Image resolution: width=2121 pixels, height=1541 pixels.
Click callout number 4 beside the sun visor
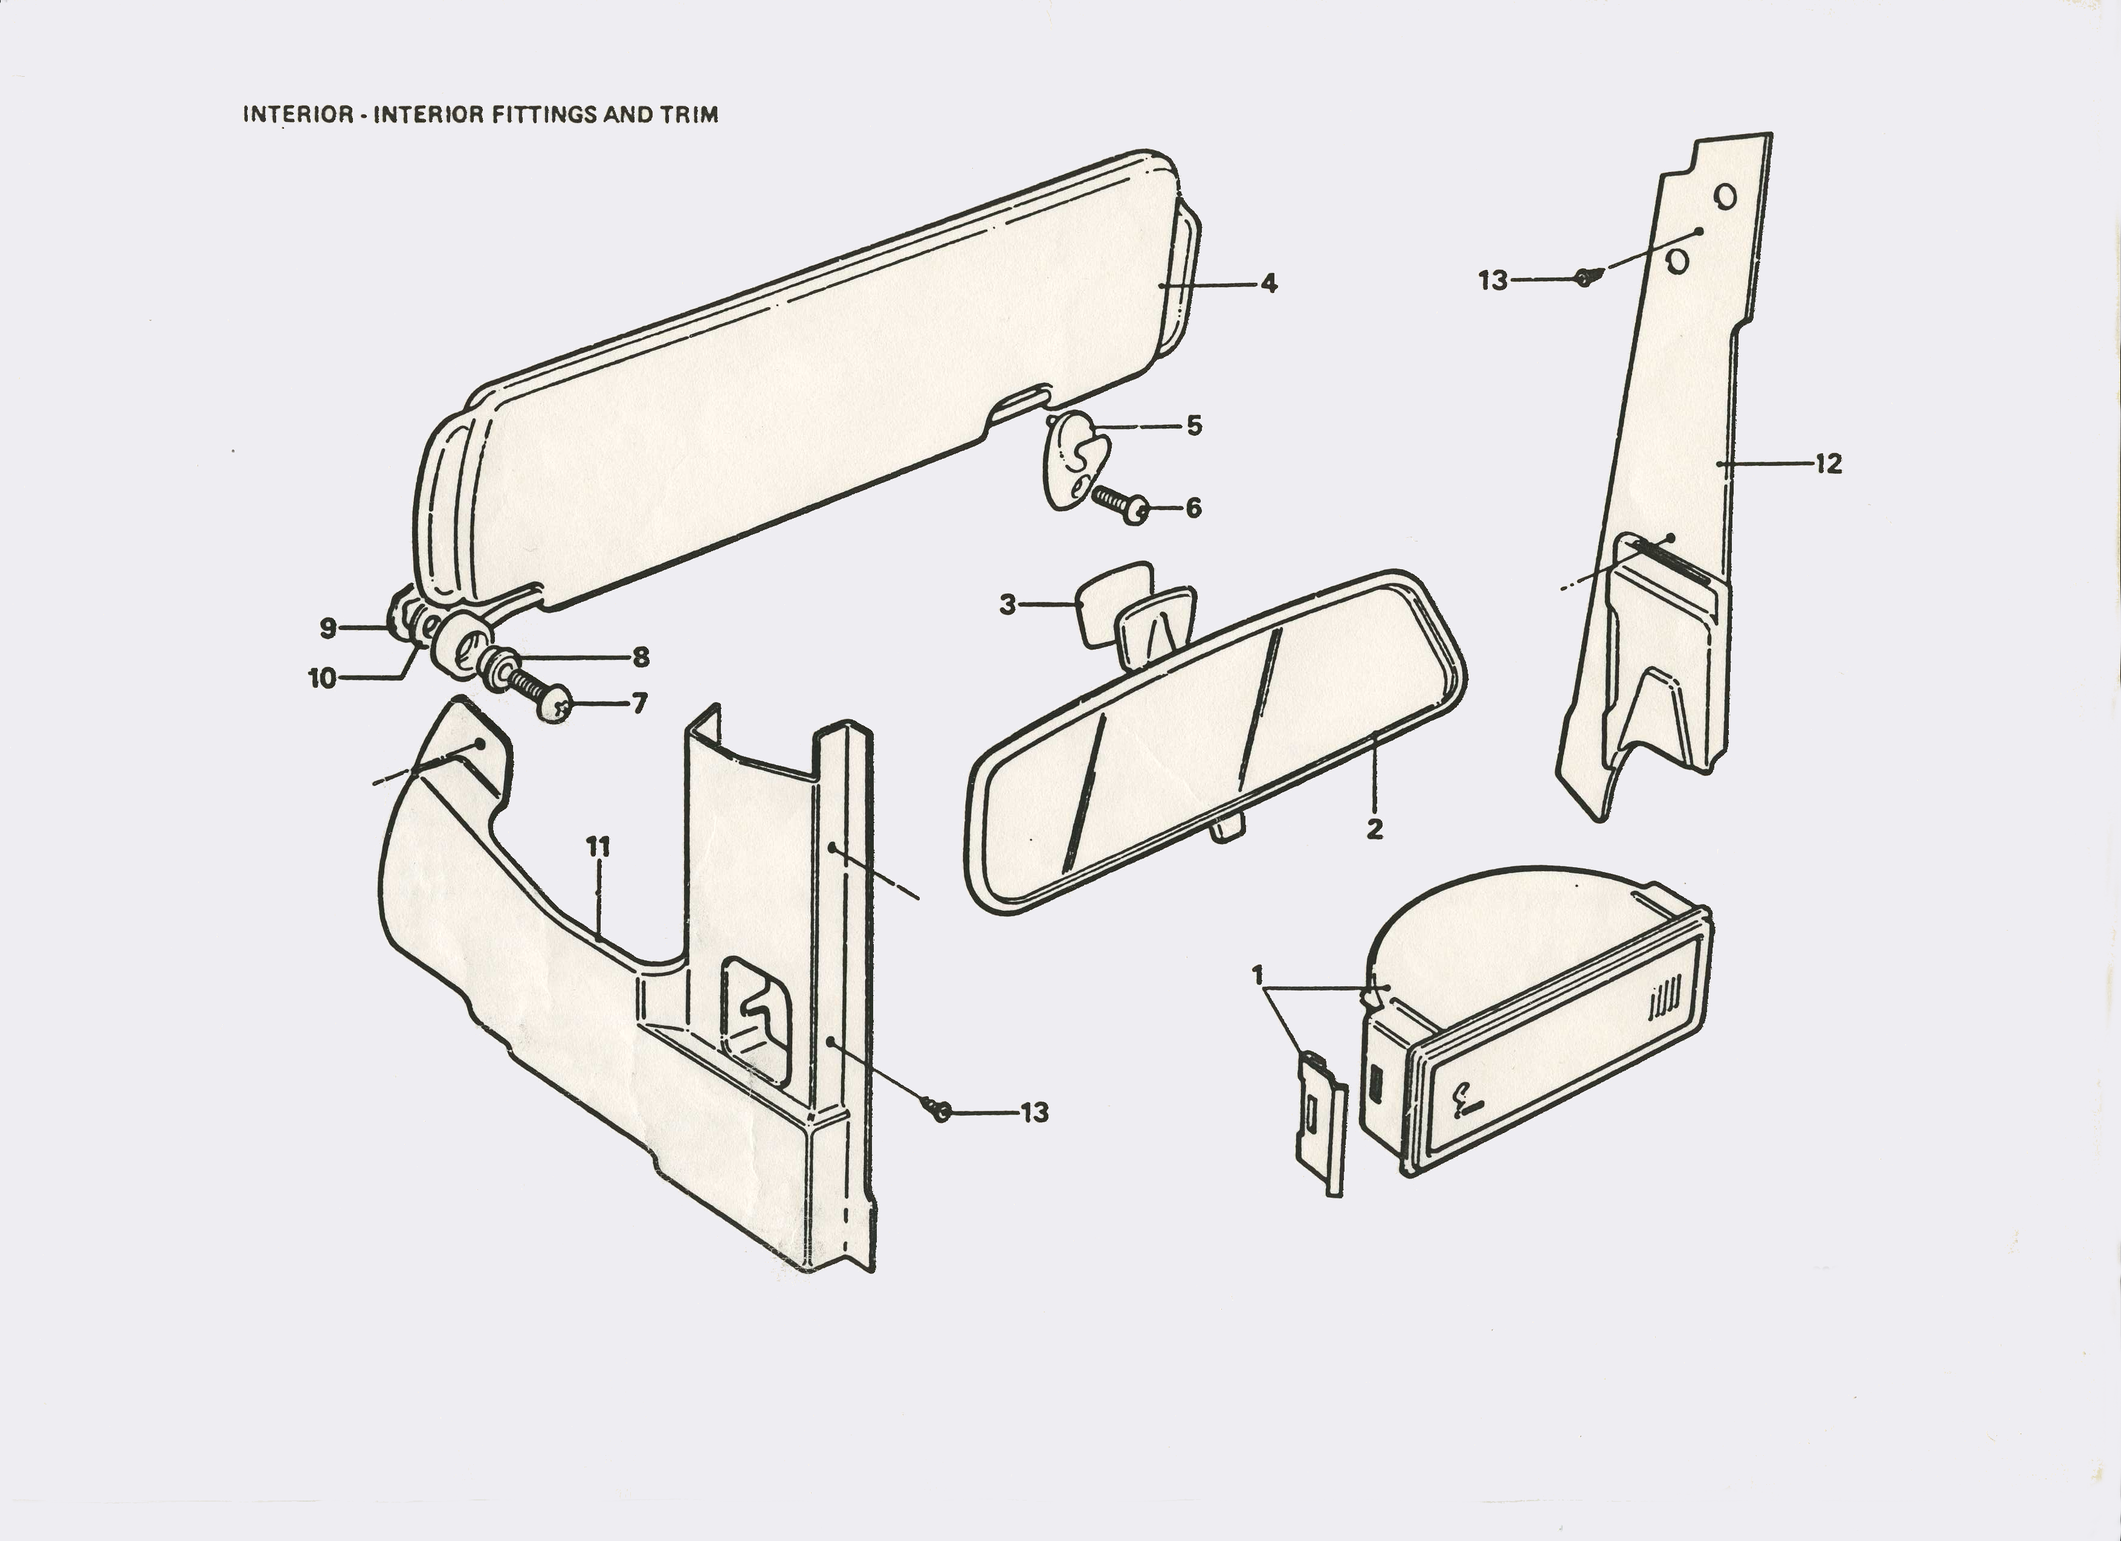(1269, 283)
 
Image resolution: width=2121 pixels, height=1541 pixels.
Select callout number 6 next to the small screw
(1193, 509)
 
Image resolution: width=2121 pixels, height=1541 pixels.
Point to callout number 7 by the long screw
(640, 703)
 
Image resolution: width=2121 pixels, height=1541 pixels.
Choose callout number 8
(641, 657)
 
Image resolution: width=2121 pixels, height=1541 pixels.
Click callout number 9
(328, 628)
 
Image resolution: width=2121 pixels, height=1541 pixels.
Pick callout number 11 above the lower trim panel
(598, 847)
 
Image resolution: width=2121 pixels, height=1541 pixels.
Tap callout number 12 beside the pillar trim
(1829, 464)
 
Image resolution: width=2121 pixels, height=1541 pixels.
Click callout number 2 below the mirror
(1374, 829)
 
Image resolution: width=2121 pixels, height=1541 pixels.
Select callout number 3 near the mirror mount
(1007, 605)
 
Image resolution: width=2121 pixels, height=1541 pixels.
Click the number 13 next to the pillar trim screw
(1493, 280)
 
